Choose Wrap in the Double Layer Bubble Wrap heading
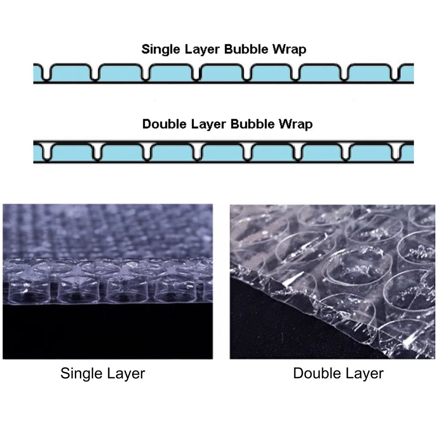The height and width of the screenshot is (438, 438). pyautogui.click(x=295, y=125)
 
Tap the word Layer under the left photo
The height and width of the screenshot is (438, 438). pyautogui.click(x=124, y=374)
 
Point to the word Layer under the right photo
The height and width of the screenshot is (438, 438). pyautogui.click(x=363, y=374)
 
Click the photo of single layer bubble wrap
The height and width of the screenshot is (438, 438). pyautogui.click(x=107, y=281)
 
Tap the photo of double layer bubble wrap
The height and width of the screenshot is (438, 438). pyautogui.click(x=332, y=281)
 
